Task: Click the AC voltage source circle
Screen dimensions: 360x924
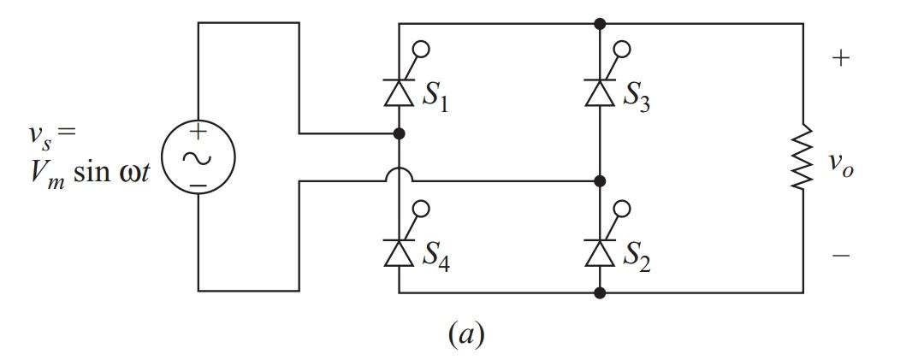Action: (x=198, y=157)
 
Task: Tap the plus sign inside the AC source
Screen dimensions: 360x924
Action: (x=198, y=133)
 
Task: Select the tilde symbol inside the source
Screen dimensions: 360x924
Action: (x=198, y=157)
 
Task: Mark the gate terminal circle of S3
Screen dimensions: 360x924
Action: (x=622, y=49)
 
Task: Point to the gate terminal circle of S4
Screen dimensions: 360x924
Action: (x=422, y=208)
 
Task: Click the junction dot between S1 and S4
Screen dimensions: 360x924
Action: (x=399, y=133)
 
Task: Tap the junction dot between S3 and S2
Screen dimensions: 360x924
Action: (x=600, y=181)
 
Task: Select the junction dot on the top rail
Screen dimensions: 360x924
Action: (x=600, y=23)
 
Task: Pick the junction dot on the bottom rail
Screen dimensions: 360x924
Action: (x=600, y=292)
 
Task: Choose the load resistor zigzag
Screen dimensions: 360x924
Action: (x=803, y=157)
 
